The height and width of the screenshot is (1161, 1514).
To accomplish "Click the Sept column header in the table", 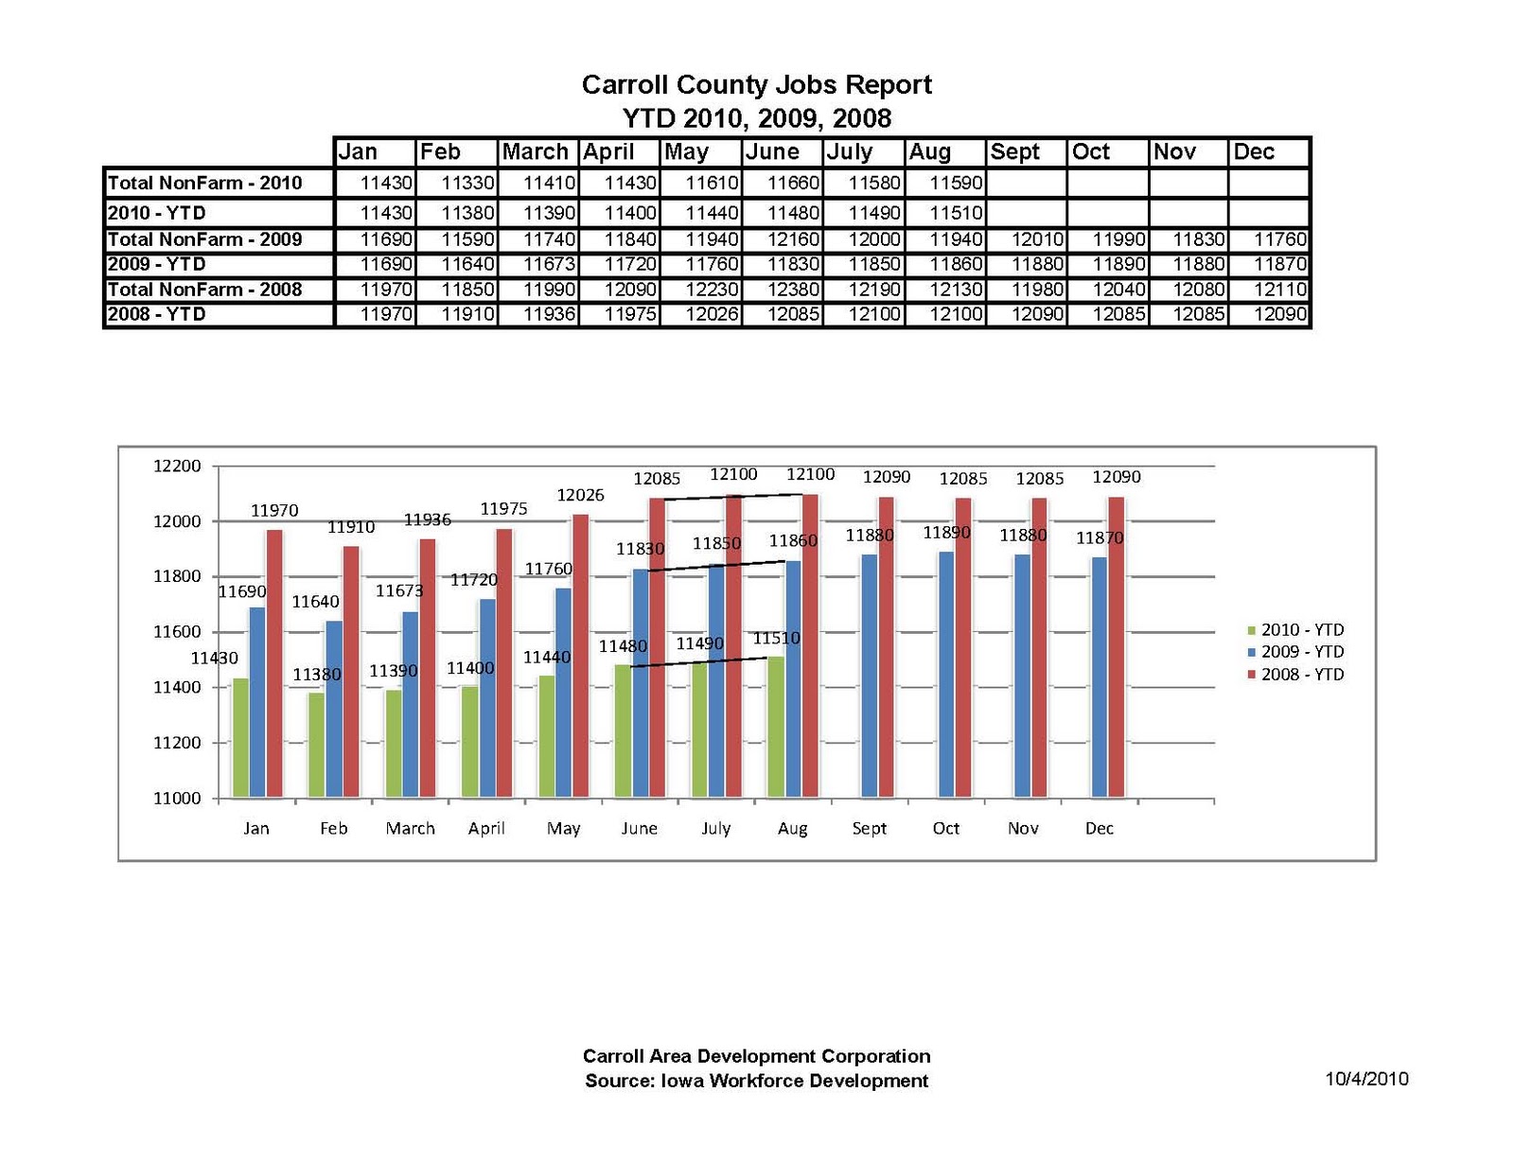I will click(x=1014, y=152).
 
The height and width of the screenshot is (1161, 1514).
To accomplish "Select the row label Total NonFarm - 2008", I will click(x=204, y=290).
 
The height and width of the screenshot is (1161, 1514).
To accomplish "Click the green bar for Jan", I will click(x=240, y=738).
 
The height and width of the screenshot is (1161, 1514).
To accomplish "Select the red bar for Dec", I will click(x=1117, y=648).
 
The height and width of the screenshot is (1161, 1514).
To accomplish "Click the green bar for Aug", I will click(x=776, y=727).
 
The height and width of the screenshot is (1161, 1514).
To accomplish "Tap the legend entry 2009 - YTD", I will click(x=1301, y=652).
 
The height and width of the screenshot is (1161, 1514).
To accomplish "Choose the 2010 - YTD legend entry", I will click(x=1301, y=630).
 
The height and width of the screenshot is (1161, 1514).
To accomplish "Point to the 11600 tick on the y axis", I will click(x=177, y=632).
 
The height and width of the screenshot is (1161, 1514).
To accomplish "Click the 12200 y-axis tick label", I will click(x=177, y=466).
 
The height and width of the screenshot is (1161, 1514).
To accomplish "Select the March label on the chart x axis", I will click(x=410, y=829).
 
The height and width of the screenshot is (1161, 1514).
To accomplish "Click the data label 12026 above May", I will click(x=580, y=496).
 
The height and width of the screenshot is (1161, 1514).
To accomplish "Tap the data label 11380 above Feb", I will click(x=316, y=676).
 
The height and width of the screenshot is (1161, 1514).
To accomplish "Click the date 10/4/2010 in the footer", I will click(x=1366, y=1079).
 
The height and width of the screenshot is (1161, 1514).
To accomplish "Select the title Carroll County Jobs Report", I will click(x=756, y=85).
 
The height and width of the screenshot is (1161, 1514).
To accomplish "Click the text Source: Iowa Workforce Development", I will click(x=756, y=1082).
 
